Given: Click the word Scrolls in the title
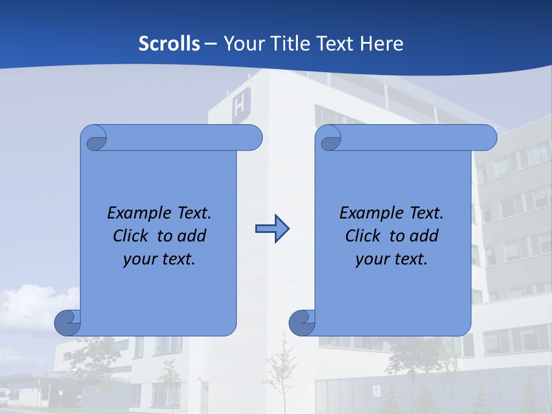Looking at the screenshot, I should point(170,44).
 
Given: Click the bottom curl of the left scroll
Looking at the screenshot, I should point(68,323).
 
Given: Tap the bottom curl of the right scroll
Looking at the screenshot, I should point(302,323).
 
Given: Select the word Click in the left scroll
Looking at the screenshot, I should point(130,236).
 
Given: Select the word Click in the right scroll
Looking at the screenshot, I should point(362,236).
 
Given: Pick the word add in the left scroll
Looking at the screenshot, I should point(192,236).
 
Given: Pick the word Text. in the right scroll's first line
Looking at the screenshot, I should point(426,213).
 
